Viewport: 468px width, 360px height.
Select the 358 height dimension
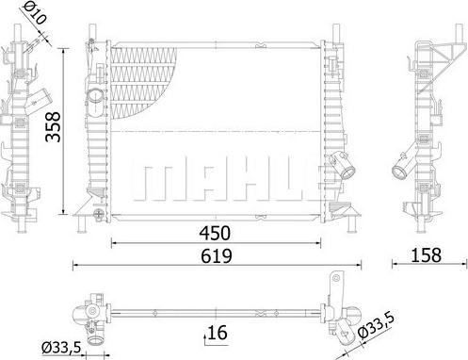coord(58,122)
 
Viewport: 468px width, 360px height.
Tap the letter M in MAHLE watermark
coord(158,179)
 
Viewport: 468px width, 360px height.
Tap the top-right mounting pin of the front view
coord(337,31)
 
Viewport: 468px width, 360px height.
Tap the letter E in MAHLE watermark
coord(293,179)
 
